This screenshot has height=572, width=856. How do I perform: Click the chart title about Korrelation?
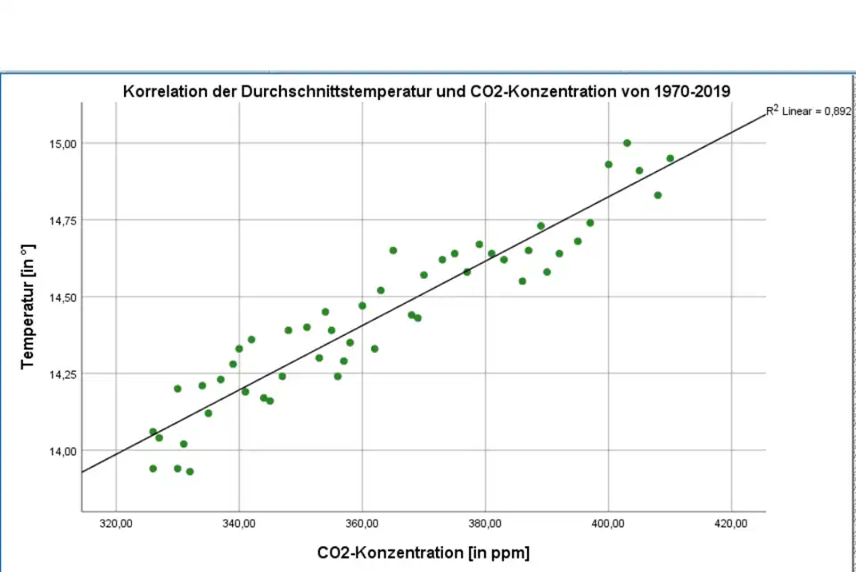coord(427,91)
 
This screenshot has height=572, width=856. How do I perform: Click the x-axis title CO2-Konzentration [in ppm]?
coord(423,553)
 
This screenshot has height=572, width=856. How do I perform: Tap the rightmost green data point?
coord(670,159)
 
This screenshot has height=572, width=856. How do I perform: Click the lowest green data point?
coord(190,471)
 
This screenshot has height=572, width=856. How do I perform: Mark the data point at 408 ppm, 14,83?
coord(658,195)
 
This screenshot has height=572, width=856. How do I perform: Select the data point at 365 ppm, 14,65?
coord(393,250)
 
